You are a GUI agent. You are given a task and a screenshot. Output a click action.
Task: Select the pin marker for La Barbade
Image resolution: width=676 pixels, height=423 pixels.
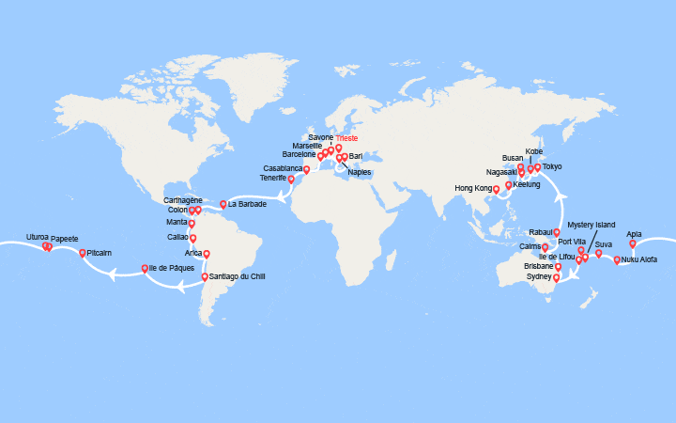pos(223,204)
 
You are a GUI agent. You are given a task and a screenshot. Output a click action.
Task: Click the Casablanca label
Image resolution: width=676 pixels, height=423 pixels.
pos(284,168)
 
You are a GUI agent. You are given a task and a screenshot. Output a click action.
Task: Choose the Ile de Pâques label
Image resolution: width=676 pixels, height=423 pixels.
pos(172,268)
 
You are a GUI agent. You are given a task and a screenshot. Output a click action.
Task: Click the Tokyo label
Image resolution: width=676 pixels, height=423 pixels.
pos(552,166)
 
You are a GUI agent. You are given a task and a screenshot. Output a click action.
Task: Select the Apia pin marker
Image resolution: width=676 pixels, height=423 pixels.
pos(633,243)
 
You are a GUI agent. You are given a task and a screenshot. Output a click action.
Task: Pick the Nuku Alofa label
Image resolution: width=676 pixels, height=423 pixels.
pos(639,259)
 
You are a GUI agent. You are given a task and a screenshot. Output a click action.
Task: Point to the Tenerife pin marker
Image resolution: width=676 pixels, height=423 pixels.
pos(290,179)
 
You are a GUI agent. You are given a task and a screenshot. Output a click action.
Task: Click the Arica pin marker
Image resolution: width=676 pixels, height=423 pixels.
pos(207,254)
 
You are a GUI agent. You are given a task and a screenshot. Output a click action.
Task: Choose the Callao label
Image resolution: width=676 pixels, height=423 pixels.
pos(177,237)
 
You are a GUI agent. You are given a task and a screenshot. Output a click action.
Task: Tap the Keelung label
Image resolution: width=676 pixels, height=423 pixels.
pos(527,184)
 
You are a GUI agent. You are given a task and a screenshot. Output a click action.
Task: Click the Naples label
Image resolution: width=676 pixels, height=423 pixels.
pos(360,172)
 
